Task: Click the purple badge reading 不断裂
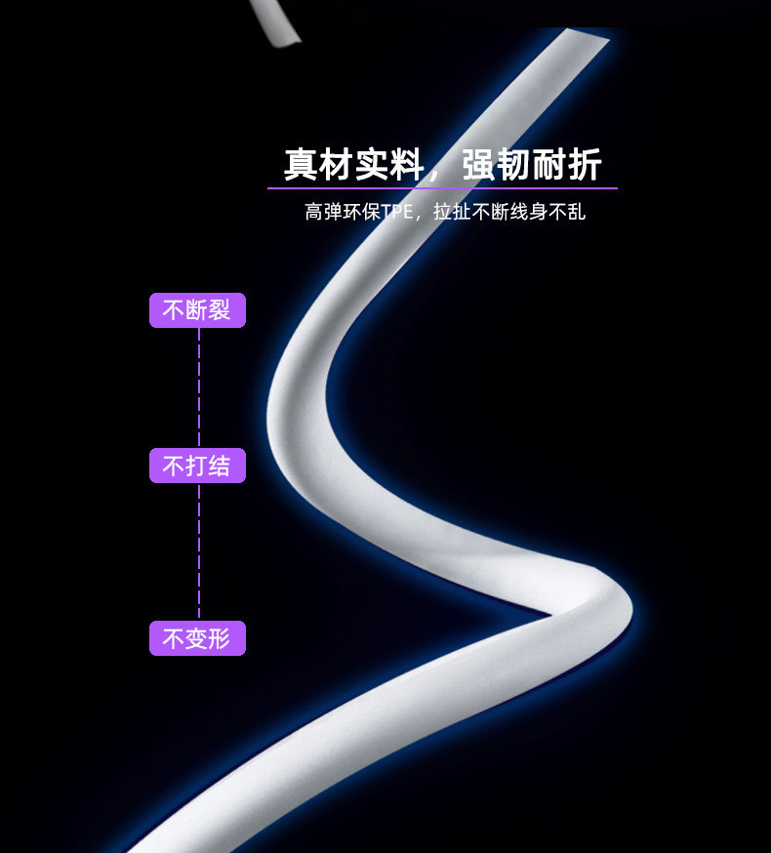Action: [197, 310]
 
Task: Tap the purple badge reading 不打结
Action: [197, 466]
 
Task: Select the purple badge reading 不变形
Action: [197, 638]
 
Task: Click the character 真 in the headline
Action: [302, 165]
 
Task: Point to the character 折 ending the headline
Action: [584, 165]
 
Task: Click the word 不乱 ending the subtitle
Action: [568, 212]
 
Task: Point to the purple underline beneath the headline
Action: [442, 187]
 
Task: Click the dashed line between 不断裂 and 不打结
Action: [199, 387]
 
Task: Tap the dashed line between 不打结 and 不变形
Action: [199, 551]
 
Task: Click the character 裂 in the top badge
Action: [220, 310]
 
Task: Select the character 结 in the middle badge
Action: [220, 466]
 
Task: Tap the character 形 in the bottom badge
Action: [220, 638]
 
